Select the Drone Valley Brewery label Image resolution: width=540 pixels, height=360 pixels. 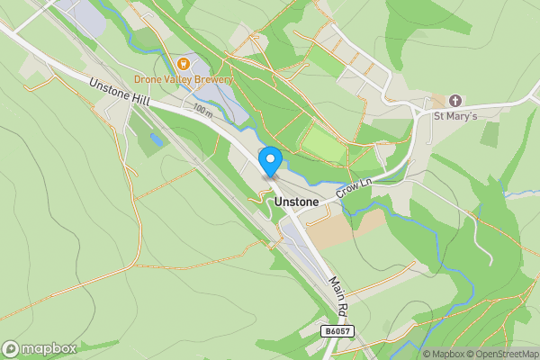[184, 79]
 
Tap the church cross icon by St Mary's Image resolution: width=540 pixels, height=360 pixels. [455, 100]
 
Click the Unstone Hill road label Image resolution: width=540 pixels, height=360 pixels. [119, 92]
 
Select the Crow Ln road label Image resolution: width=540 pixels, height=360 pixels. [354, 186]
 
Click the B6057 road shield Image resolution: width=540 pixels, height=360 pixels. [335, 331]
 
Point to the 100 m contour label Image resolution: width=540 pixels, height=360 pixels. [202, 109]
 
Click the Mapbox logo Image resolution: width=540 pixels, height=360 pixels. [39, 347]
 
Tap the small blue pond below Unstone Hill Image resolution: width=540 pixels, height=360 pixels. [157, 139]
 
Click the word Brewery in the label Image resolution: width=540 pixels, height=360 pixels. [212, 79]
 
